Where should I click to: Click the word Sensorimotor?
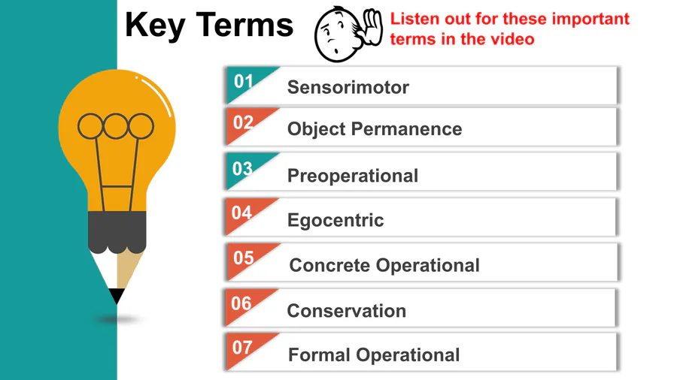point(348,87)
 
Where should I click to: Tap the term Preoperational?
point(353,176)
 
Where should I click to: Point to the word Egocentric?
point(335,221)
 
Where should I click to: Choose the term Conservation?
point(347,311)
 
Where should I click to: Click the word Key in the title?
point(156,26)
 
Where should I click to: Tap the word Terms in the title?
point(244,25)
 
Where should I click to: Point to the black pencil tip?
point(117,296)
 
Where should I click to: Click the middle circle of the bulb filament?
point(116,126)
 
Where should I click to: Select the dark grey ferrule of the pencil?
point(117,232)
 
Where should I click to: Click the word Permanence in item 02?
point(406,129)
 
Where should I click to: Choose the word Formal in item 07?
point(319,355)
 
